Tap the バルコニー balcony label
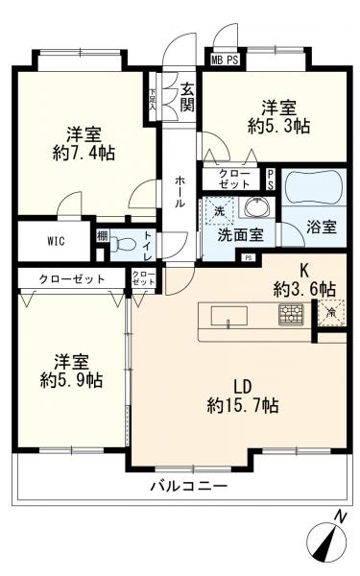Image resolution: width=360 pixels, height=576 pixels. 188,487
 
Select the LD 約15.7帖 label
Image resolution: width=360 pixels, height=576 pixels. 242,396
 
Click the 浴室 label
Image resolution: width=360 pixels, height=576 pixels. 322,228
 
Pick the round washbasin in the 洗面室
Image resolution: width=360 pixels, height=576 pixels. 253,207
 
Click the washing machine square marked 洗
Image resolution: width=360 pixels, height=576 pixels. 219,209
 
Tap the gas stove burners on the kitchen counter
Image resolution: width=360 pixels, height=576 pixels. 290,313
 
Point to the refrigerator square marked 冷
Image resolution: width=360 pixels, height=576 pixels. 331,310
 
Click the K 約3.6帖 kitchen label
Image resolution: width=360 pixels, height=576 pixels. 302,278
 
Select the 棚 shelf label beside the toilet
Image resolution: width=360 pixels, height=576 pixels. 102,236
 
